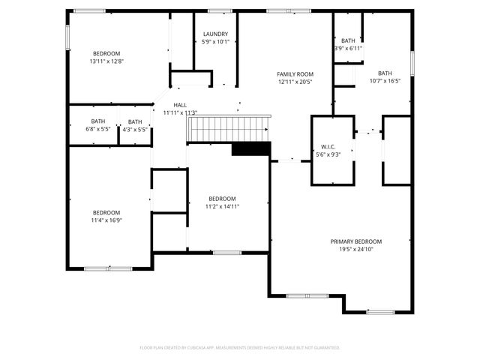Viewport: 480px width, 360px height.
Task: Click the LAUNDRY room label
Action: (x=216, y=34)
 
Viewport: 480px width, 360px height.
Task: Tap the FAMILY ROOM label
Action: (x=295, y=73)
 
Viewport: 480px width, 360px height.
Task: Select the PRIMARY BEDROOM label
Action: (x=356, y=241)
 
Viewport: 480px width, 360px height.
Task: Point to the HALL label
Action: (x=180, y=105)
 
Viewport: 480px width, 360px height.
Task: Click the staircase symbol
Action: (x=228, y=128)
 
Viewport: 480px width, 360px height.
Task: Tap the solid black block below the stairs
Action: (x=250, y=149)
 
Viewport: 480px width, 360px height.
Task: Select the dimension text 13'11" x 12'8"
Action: (x=106, y=61)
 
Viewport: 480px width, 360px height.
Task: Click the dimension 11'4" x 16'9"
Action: (x=106, y=220)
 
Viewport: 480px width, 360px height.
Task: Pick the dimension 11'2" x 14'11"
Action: (x=222, y=206)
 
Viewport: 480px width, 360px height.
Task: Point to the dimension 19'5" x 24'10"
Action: (x=356, y=250)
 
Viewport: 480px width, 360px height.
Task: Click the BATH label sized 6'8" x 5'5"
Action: (x=98, y=130)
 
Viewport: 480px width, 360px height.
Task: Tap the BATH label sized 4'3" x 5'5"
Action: (x=135, y=130)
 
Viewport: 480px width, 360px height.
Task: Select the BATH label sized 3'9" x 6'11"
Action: (x=348, y=49)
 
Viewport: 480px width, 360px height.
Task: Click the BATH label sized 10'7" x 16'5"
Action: (x=385, y=81)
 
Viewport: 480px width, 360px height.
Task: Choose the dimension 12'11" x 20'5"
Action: (x=295, y=82)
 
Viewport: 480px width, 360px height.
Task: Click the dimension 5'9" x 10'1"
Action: (x=216, y=43)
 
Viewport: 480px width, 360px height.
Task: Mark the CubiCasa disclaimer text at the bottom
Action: (x=240, y=347)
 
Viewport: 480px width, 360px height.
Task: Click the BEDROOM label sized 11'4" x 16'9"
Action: (x=106, y=212)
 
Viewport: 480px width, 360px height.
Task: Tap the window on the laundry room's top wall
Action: (x=220, y=10)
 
